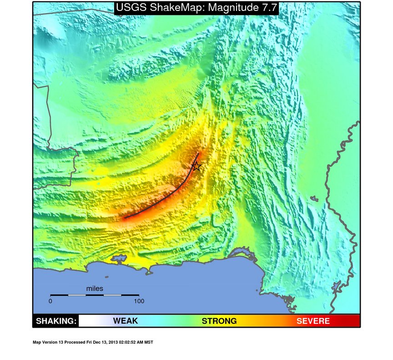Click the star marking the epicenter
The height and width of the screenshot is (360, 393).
pos(196,166)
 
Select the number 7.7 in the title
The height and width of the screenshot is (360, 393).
pos(267,8)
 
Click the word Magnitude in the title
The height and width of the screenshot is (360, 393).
pos(231,8)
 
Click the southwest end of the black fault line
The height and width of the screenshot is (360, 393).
pos(125,218)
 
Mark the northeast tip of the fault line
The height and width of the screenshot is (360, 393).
pos(198,153)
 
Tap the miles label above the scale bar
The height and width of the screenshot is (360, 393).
pos(95,289)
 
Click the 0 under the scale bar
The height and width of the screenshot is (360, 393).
pos(50,301)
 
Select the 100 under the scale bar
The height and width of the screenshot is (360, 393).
pos(138,301)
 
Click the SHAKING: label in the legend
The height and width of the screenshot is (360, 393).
pos(56,321)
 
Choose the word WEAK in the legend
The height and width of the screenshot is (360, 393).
pos(125,321)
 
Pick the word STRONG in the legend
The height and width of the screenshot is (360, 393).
pos(219,321)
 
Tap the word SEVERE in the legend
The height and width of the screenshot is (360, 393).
pos(313,321)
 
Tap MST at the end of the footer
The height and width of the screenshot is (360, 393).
pos(149,342)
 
